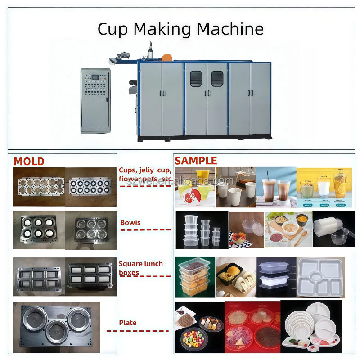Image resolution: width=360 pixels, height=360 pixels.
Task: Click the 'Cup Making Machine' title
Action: (x=180, y=29)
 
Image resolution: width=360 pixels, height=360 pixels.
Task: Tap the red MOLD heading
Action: (x=29, y=161)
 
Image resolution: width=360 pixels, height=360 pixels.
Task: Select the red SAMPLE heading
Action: (x=196, y=161)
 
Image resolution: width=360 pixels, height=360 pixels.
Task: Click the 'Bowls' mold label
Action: (x=130, y=222)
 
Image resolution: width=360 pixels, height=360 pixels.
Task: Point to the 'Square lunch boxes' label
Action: (x=140, y=268)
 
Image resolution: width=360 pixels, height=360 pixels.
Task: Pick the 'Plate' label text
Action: (x=127, y=323)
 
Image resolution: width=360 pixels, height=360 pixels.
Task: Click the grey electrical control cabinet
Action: (x=95, y=100)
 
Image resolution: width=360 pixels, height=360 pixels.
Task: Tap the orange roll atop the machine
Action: (x=166, y=58)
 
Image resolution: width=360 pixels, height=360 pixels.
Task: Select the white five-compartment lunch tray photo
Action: (x=320, y=276)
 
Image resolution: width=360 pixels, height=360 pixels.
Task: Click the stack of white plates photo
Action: (x=310, y=326)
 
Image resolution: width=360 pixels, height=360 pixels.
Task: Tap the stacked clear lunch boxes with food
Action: (x=194, y=277)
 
